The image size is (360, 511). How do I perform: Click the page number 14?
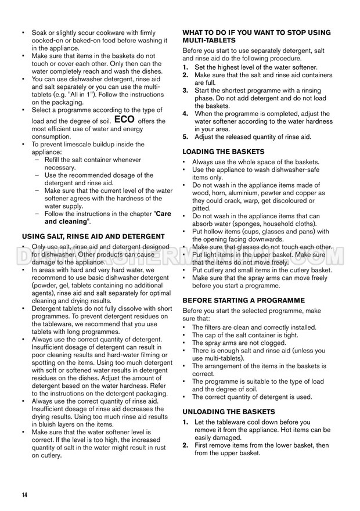(24, 494)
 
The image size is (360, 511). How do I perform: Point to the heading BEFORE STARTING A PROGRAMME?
(243, 300)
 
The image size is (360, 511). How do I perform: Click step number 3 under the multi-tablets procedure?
(186, 91)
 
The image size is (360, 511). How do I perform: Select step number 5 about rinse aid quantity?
(186, 136)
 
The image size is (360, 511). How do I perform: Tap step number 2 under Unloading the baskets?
(186, 445)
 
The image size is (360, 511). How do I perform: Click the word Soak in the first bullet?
(40, 33)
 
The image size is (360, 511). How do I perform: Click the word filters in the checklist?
(214, 328)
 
